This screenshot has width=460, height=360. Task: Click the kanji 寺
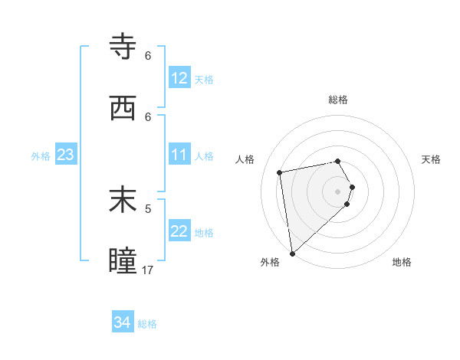coord(123,48)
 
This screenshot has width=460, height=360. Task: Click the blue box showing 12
coord(179,78)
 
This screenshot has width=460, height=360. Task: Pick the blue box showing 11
coord(179,155)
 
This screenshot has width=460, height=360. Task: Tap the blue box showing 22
coord(179,231)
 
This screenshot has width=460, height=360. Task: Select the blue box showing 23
coord(66,155)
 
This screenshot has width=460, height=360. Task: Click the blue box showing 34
coord(123,322)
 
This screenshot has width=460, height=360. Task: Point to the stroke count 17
coord(148,270)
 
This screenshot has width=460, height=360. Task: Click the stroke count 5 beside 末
coord(148,208)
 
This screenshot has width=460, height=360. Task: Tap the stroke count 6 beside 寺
coord(148,56)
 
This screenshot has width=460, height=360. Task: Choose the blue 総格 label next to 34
coord(147,324)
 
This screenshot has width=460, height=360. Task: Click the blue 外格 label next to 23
coord(41,156)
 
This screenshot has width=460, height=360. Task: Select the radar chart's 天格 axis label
coord(431,159)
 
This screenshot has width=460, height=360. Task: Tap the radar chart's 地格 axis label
coord(402,262)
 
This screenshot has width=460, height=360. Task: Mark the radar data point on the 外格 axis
coord(292,253)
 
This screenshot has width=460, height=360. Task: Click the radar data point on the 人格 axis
coord(280,172)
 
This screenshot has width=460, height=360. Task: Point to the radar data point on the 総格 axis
coord(338,161)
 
